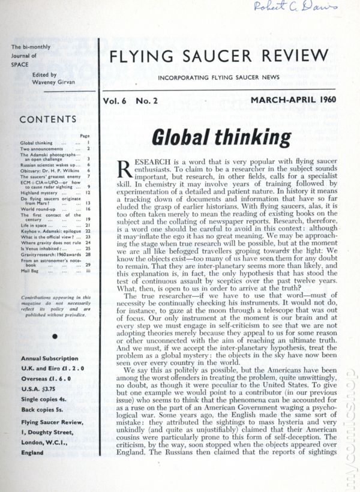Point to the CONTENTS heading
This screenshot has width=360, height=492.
47,119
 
